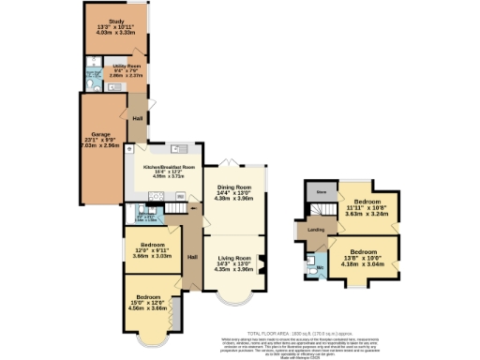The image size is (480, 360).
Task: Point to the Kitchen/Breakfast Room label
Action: click(169, 170)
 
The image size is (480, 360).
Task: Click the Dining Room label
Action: click(234, 192)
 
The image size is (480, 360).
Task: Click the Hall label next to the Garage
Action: click(137, 118)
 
